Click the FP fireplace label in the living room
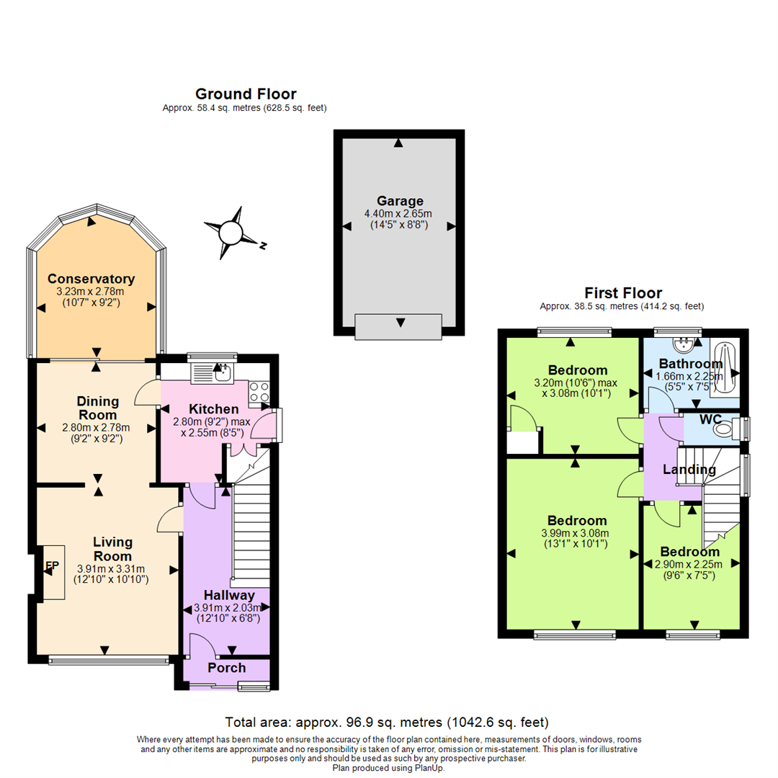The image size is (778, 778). [51, 567]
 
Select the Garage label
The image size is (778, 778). [399, 201]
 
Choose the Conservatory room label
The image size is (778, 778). [91, 279]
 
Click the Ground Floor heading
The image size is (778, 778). [246, 94]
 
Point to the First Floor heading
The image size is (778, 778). [622, 293]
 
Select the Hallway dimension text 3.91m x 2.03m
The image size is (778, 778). [228, 608]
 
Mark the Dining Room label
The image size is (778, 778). [97, 408]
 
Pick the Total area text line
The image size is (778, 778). [388, 722]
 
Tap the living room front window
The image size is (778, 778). [109, 658]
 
